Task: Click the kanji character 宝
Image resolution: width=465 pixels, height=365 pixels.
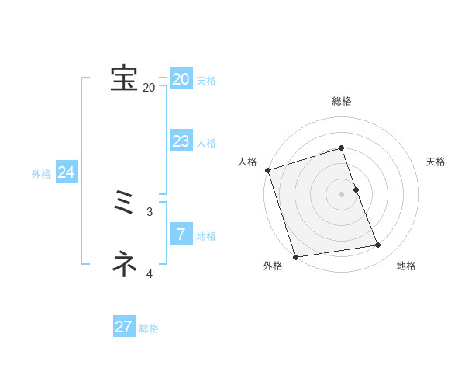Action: tap(124, 78)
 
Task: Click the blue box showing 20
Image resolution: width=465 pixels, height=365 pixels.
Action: tap(181, 79)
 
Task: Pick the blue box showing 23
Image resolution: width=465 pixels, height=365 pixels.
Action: tap(181, 141)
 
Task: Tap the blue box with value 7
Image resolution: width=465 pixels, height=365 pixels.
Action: tap(181, 234)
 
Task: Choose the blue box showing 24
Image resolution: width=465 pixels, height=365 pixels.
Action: tap(67, 172)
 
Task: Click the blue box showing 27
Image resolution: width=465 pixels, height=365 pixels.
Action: tap(124, 327)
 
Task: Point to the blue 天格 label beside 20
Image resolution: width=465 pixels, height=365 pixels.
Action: tap(206, 81)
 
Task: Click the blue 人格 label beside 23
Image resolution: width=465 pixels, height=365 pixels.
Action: tap(206, 143)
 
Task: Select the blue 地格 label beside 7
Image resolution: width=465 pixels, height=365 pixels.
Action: tap(206, 236)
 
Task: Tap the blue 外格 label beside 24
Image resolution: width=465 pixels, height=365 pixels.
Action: tap(41, 175)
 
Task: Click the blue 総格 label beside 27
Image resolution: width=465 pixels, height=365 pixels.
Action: tap(149, 328)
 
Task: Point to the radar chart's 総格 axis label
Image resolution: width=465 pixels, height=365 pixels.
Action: tap(342, 101)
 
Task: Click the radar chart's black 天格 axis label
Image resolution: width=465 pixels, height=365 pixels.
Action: tap(436, 162)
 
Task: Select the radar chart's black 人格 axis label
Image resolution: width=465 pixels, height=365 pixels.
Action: tap(247, 162)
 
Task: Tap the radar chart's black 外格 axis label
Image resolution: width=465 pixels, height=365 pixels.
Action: tap(273, 266)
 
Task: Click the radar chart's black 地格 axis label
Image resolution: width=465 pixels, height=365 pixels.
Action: tap(406, 266)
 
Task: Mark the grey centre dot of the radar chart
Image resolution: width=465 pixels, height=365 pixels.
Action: tap(342, 193)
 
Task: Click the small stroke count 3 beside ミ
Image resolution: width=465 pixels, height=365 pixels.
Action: tap(150, 211)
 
